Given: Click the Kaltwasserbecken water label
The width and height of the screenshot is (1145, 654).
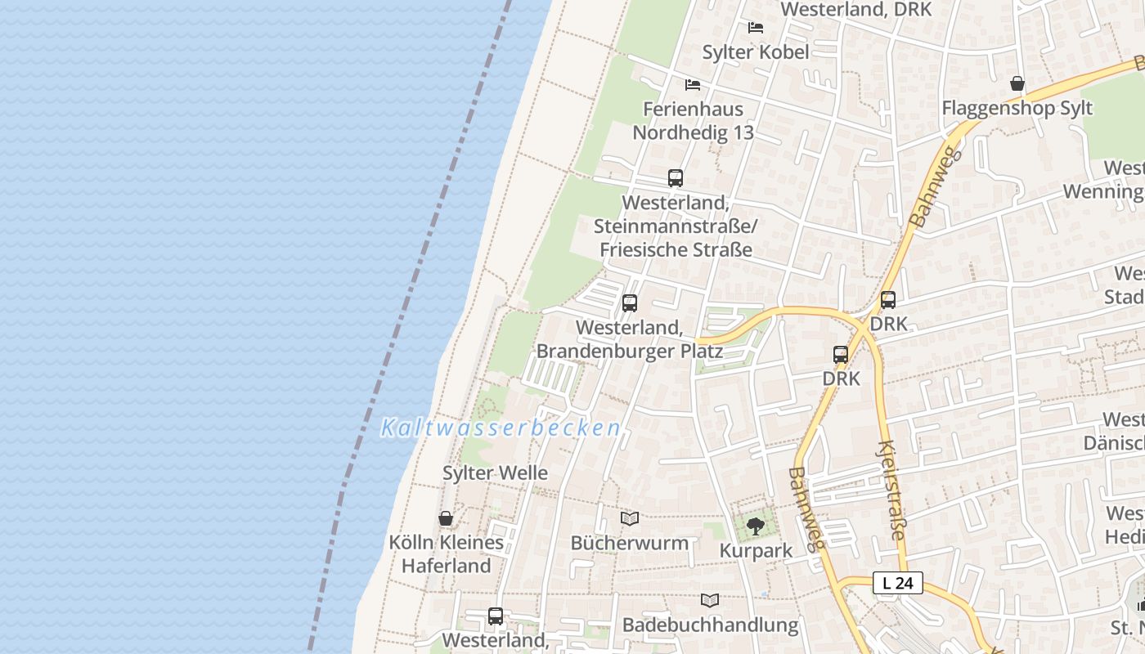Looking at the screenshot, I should pos(501,428).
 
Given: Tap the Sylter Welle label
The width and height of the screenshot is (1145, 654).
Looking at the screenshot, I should pos(495,473).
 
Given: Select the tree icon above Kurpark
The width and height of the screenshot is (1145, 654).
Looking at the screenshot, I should pos(756,526).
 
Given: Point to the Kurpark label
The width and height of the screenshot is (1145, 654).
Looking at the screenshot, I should pos(756,551).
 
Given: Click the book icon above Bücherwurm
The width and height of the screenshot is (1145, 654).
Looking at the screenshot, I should pos(629,518).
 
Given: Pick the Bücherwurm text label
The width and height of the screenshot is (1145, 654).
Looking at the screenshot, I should pos(629,543).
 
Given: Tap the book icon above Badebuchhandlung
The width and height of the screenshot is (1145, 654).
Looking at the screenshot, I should pos(710,600).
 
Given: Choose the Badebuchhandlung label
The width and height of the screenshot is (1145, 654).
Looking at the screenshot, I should pos(710,625).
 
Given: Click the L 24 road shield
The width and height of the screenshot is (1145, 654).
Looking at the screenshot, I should pos(898,583).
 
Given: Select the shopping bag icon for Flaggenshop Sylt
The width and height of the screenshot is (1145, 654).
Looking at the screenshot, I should pos(1017,83).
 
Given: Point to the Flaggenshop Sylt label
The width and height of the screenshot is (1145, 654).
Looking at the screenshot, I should pos(1017,108).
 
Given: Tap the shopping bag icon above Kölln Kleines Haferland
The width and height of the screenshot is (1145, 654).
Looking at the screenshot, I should pos(446,518).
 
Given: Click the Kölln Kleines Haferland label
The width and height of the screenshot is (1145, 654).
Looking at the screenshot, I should pos(446,554).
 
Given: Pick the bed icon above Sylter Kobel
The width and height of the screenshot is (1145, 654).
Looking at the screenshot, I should pos(756,28).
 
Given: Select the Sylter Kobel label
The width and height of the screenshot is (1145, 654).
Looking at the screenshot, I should pos(756,52).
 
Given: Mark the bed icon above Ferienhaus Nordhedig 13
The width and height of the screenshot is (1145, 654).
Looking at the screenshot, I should pos(693,85).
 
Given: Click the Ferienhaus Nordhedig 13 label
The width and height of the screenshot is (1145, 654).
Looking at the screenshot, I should pos(693,121).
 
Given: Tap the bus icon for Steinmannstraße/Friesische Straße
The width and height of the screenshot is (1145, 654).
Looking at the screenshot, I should pos(676,178).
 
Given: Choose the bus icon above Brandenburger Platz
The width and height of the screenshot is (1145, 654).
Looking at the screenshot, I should pos(630,303).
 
